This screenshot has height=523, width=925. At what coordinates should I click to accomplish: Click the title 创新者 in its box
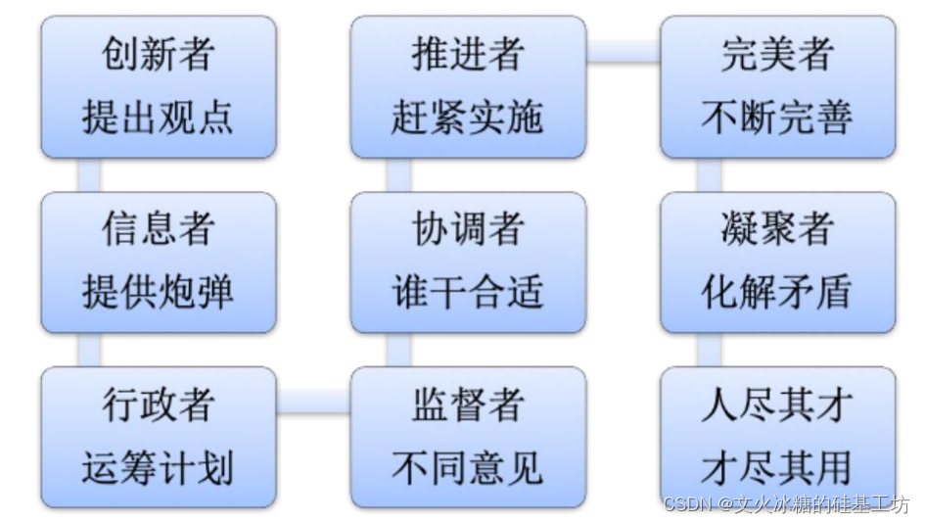[x=158, y=55]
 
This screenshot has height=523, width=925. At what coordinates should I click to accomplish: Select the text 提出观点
[x=158, y=118]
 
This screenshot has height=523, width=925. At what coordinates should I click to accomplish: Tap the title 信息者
[x=158, y=229]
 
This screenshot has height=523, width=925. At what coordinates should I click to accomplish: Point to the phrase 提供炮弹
[x=158, y=292]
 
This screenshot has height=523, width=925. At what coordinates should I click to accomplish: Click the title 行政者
[x=158, y=404]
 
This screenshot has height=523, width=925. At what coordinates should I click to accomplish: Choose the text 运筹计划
[x=158, y=467]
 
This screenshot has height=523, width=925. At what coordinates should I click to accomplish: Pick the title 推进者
[x=468, y=55]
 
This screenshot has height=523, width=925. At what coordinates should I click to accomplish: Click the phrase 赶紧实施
[x=468, y=118]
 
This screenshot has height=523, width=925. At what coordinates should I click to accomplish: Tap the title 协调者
[x=468, y=229]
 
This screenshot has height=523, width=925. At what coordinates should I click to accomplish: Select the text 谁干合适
[x=468, y=292]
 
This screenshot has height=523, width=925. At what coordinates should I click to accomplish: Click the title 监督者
[x=468, y=404]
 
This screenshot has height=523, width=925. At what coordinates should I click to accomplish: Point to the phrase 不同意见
[x=468, y=467]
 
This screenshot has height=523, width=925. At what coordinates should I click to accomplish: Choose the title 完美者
[x=777, y=55]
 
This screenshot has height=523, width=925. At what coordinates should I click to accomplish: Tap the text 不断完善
[x=777, y=118]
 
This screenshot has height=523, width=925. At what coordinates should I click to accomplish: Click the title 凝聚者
[x=777, y=229]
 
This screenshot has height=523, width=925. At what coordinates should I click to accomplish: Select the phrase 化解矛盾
[x=777, y=292]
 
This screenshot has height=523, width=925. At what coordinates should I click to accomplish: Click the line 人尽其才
[x=777, y=404]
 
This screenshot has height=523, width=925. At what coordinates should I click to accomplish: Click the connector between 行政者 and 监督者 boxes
[x=313, y=401]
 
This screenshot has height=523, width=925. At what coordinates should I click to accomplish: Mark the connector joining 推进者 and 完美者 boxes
[x=624, y=51]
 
